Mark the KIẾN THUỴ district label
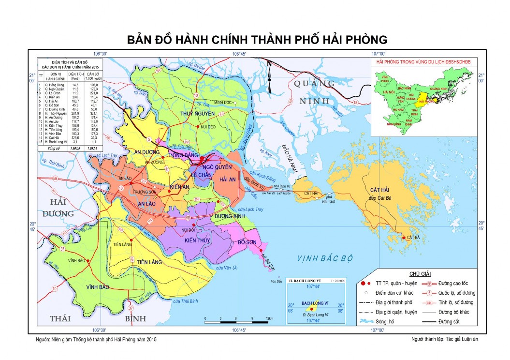point(197,240)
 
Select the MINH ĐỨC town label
point(224,102)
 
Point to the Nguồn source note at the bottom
point(96,340)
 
